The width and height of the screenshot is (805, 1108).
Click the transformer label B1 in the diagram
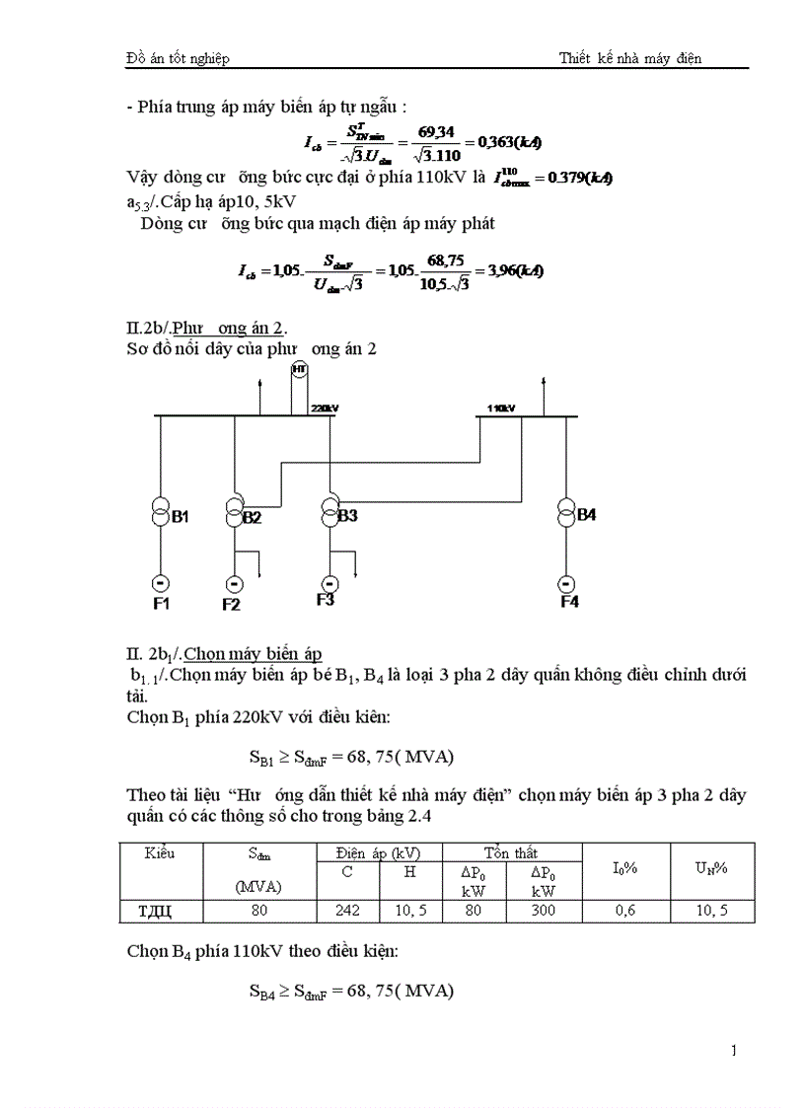click(x=181, y=516)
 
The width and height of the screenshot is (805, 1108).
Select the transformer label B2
click(x=252, y=517)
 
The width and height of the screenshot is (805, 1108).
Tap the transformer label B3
click(x=347, y=515)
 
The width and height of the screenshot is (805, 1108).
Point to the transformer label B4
click(x=586, y=514)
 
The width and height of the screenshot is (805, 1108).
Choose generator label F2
click(x=231, y=604)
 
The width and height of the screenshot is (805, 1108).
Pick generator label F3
click(x=326, y=599)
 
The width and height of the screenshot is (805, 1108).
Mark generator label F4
click(x=569, y=602)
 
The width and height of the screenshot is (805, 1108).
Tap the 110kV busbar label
click(x=501, y=406)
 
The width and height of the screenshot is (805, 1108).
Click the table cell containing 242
click(x=347, y=912)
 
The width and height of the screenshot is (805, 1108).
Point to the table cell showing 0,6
click(x=625, y=912)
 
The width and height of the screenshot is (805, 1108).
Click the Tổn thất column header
click(x=511, y=852)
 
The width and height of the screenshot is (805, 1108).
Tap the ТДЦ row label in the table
click(x=160, y=912)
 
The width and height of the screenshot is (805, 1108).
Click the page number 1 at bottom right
click(x=733, y=1050)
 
